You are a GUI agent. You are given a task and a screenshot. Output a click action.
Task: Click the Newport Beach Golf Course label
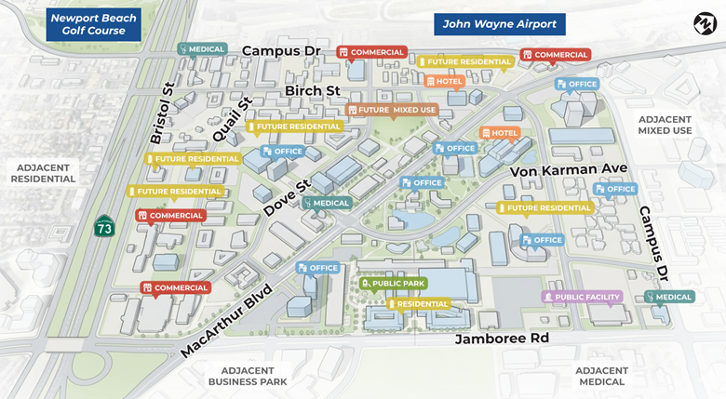pyautogui.click(x=93, y=25)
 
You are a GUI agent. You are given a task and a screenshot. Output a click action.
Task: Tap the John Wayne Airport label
pyautogui.click(x=499, y=25)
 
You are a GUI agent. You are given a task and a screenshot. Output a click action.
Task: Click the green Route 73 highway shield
pyautogui.click(x=103, y=226)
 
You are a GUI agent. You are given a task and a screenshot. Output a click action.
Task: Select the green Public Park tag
pyautogui.click(x=394, y=283)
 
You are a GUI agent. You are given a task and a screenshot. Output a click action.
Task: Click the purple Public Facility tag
pyautogui.click(x=582, y=297)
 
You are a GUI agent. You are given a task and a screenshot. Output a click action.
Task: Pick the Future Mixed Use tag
pyautogui.click(x=392, y=110)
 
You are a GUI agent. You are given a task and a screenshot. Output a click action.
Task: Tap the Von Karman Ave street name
pyautogui.click(x=569, y=171)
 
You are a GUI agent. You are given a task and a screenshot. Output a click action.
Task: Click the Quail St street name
pyautogui.click(x=233, y=120)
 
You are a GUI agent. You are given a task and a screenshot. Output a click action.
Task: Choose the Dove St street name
pyautogui.click(x=286, y=196)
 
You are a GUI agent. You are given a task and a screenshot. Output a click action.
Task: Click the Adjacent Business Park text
pyautogui.click(x=247, y=376)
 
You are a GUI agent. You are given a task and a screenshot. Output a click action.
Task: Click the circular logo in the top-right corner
pyautogui.click(x=703, y=21)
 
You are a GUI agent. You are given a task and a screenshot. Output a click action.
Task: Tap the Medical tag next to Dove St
pyautogui.click(x=327, y=203)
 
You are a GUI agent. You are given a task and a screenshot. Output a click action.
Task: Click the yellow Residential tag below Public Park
pyautogui.click(x=419, y=304)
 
